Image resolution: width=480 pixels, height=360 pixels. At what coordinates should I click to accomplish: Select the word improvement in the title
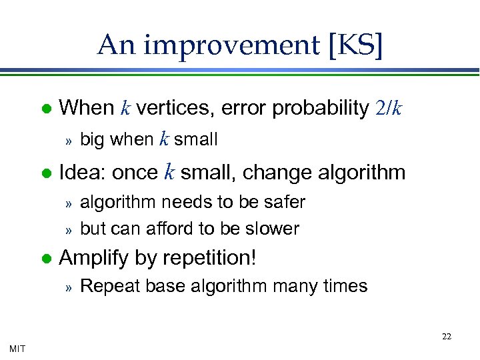point(231,45)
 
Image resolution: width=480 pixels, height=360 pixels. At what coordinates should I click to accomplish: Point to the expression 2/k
point(388,108)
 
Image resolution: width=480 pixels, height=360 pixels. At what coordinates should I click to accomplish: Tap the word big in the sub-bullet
point(93,139)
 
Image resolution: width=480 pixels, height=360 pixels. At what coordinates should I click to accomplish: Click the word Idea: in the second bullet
point(83,173)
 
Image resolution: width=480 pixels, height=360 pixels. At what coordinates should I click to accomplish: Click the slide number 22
point(446,337)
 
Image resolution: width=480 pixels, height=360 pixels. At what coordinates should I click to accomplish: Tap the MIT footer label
point(18,349)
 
